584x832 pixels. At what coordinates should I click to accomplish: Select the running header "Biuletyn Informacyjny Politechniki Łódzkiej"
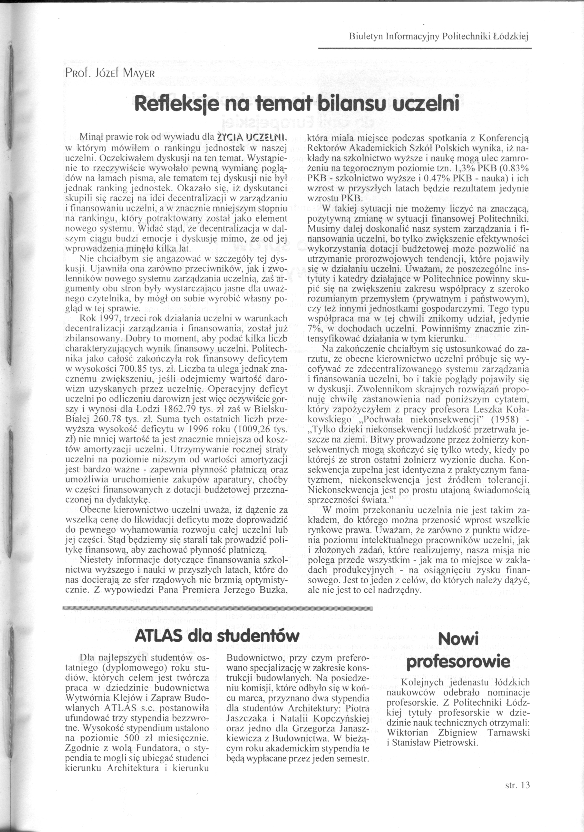tap(439, 37)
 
